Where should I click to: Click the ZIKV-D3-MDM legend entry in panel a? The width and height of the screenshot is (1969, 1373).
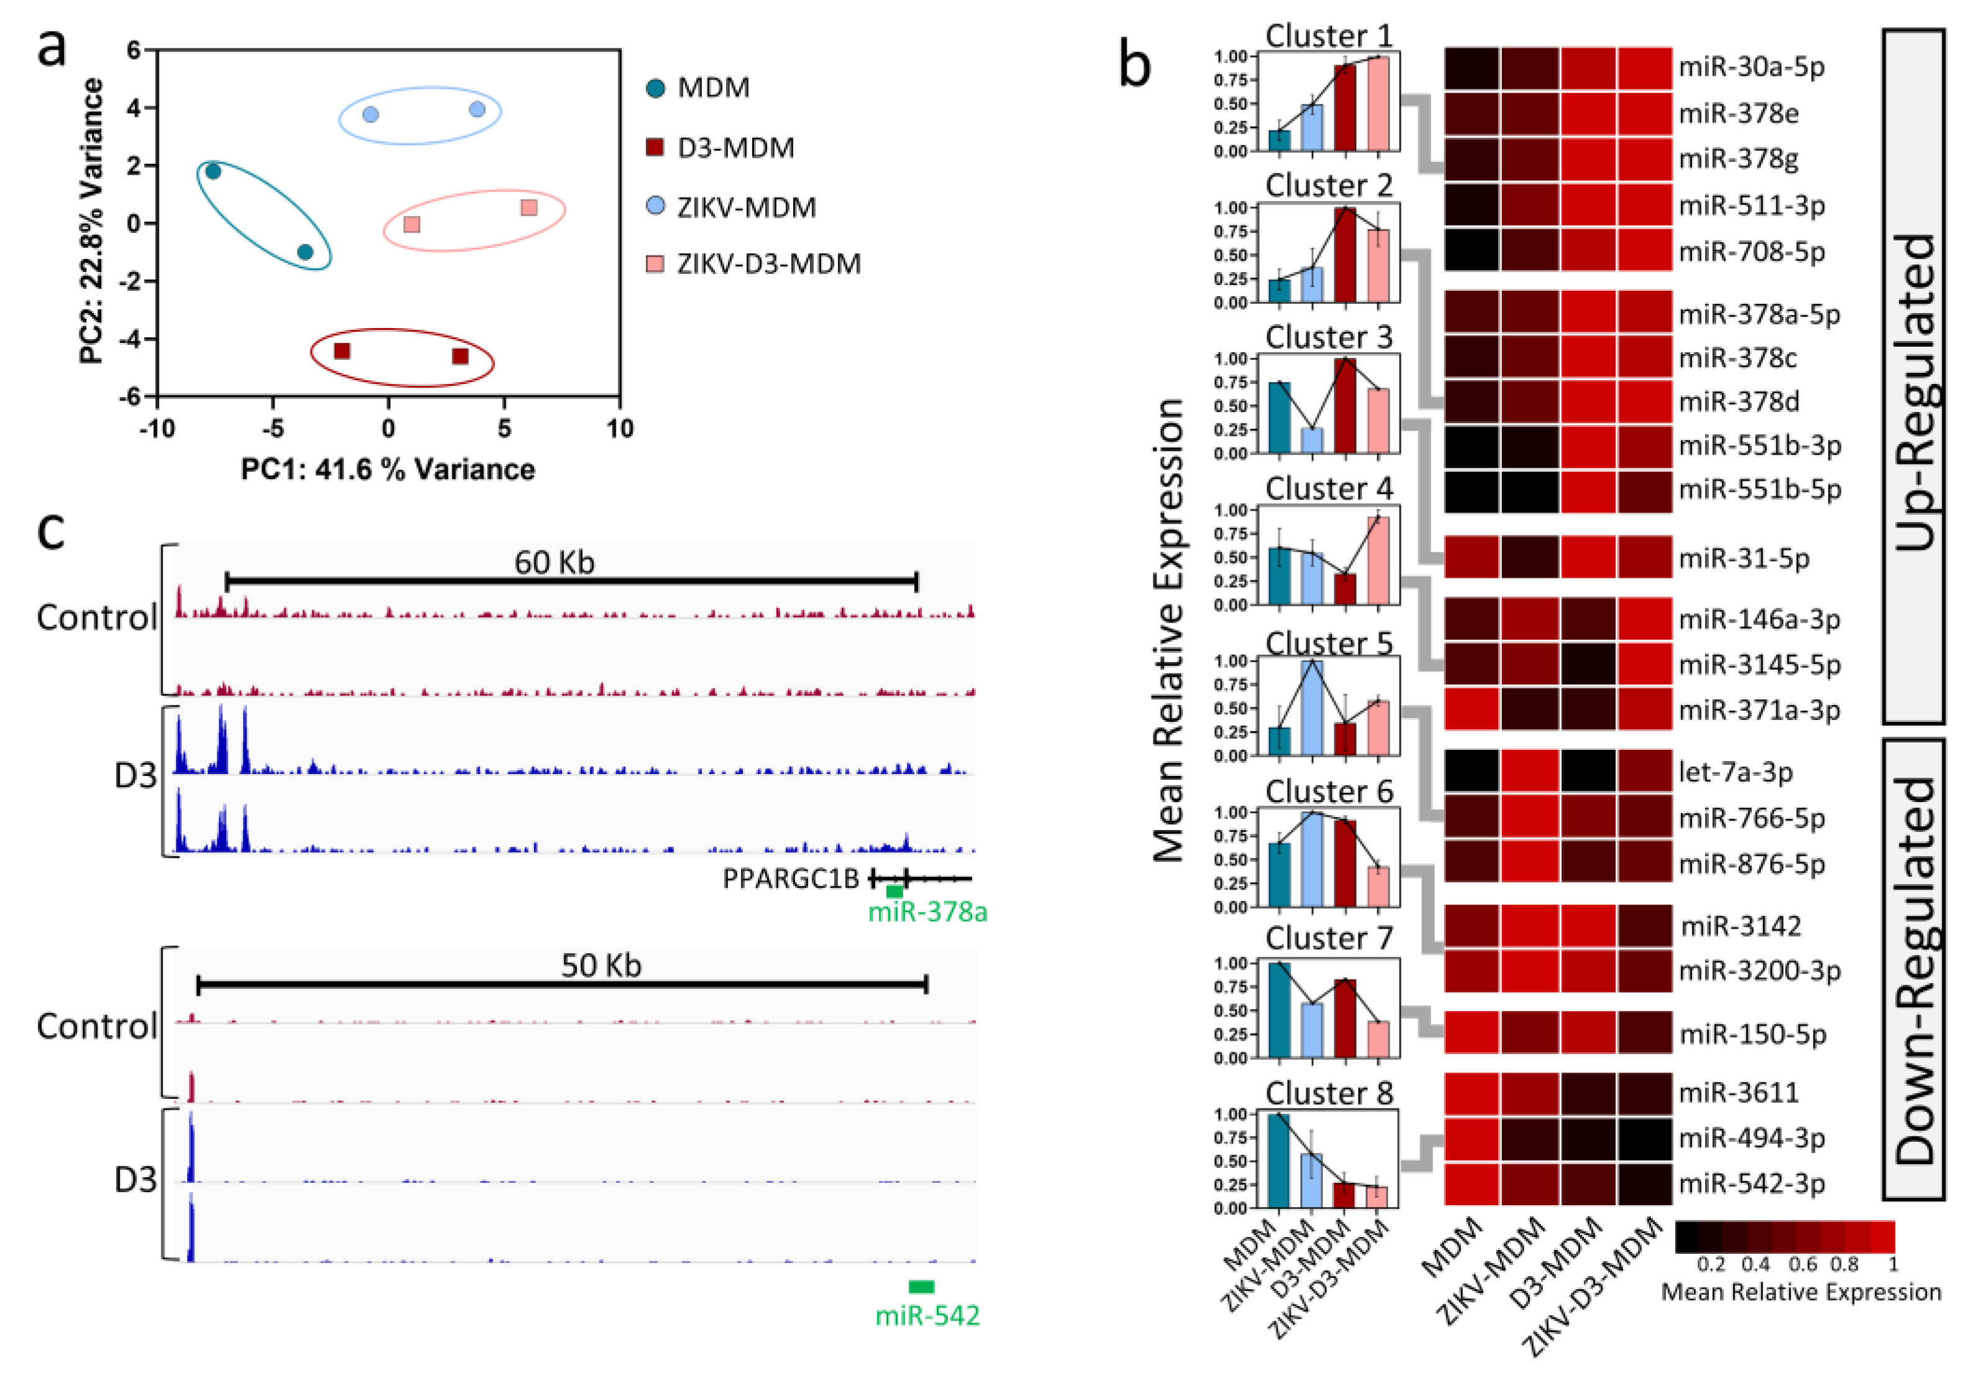coord(768,264)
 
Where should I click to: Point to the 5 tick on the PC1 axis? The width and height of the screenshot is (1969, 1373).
coord(503,428)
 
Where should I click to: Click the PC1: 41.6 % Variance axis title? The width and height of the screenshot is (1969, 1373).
coord(388,469)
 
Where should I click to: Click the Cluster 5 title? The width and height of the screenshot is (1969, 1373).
coord(1329,643)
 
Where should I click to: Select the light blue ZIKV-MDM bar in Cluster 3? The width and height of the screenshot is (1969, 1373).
coord(1311,440)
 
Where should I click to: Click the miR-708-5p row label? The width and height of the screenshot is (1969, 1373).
coord(1751,252)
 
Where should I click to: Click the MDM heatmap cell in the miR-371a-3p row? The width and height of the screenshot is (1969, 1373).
coord(1471,709)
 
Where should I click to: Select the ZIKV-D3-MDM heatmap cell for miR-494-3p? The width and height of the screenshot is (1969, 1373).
coord(1645,1138)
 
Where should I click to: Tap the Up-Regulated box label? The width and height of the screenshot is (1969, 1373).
coord(1913,390)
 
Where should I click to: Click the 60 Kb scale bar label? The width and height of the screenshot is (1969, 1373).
coord(554,563)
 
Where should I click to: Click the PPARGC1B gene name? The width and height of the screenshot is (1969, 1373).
coord(791,879)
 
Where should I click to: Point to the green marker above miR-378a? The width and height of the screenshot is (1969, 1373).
coord(894,892)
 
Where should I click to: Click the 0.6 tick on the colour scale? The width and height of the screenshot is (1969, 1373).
coord(1802,1264)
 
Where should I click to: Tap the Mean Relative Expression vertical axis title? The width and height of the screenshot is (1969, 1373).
coord(1168,631)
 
